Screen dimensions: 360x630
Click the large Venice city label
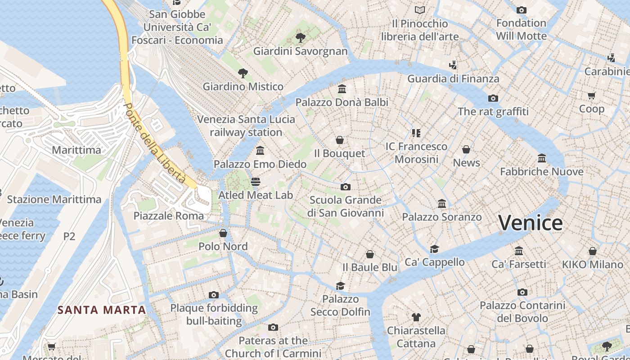(x=530, y=223)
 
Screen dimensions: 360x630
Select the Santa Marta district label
(x=102, y=310)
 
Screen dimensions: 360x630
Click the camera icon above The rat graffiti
(x=493, y=98)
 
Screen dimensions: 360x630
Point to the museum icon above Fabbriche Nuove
(x=542, y=158)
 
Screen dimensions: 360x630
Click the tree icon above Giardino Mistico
(x=243, y=73)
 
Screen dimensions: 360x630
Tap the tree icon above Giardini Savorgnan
(x=300, y=38)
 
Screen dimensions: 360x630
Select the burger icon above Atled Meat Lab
(x=256, y=182)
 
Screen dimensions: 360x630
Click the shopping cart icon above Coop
(x=591, y=95)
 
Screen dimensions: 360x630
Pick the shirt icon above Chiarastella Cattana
(x=416, y=317)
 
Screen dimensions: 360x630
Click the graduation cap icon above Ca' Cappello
(x=434, y=249)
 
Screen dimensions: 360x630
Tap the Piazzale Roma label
(x=168, y=216)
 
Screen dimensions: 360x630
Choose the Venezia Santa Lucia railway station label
(x=246, y=126)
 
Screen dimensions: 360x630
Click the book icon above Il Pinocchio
(x=419, y=10)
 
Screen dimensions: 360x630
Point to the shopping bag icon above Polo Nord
(x=223, y=233)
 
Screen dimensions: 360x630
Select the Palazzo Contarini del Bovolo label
(x=522, y=312)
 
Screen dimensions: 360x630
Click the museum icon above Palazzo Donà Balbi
(x=342, y=89)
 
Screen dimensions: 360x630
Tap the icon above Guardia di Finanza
(x=453, y=65)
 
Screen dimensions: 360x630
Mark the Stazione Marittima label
(x=54, y=199)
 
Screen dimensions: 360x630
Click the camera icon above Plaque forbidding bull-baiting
(x=214, y=295)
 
